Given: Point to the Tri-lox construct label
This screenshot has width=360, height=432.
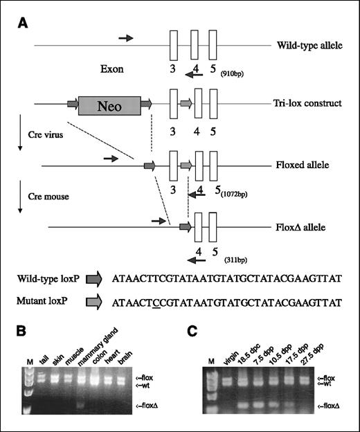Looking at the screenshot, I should tap(309, 104).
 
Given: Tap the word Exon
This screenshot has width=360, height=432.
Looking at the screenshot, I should tap(114, 69).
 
